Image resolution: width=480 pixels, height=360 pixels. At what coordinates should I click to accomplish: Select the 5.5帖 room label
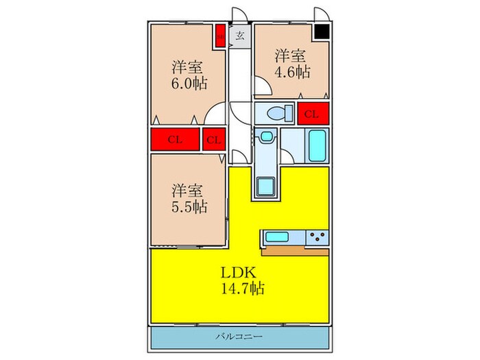coord(189,197)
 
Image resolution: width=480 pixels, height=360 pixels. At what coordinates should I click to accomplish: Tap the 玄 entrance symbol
coord(240,36)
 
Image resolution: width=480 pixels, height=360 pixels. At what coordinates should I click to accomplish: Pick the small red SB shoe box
coord(221,36)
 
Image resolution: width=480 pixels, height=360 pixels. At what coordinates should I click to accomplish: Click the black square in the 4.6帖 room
coord(321,32)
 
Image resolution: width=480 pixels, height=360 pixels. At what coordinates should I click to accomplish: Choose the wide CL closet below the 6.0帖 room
coord(175,139)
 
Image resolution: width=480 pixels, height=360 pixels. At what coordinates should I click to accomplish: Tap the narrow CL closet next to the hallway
coord(214,139)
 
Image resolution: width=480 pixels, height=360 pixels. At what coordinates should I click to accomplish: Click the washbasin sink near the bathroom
coord(265,138)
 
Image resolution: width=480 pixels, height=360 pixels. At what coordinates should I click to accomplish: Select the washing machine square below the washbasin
coord(265,186)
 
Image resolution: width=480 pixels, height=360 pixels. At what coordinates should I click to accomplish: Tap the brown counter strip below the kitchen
coord(295,250)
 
